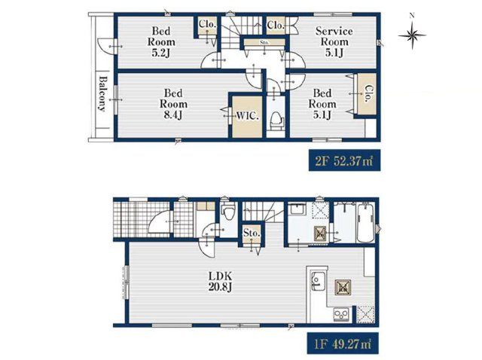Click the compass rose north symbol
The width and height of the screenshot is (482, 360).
[412, 35]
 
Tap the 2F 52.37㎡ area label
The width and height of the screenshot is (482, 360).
[344, 160]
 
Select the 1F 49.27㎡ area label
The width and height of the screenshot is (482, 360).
[343, 343]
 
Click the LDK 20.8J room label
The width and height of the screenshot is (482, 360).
[220, 282]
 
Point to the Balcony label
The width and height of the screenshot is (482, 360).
[102, 93]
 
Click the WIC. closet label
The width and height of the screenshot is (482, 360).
[248, 116]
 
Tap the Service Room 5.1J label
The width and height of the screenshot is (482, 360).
[334, 42]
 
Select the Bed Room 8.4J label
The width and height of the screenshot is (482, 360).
[173, 104]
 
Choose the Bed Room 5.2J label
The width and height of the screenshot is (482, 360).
[161, 42]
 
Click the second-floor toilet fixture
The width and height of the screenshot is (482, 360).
[276, 121]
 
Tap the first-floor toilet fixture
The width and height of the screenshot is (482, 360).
[227, 211]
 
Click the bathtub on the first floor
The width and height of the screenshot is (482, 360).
[365, 223]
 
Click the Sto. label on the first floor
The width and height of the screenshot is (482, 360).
[252, 233]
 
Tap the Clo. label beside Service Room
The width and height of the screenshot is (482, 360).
[276, 25]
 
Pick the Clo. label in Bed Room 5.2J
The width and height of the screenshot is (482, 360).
[207, 23]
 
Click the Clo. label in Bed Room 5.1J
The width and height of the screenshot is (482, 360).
[368, 93]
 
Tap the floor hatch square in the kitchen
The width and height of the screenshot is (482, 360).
[343, 288]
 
